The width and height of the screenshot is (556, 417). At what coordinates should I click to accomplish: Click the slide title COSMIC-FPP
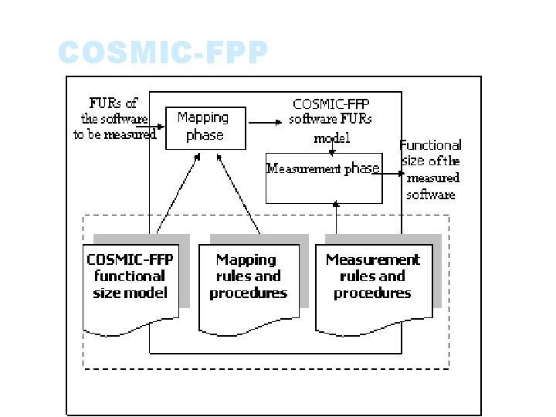pyautogui.click(x=163, y=53)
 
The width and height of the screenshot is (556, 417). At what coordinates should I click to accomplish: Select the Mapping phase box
pyautogui.click(x=205, y=127)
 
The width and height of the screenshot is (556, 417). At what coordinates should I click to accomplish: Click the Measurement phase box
pyautogui.click(x=324, y=178)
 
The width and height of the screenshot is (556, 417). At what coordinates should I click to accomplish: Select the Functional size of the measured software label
pyautogui.click(x=431, y=169)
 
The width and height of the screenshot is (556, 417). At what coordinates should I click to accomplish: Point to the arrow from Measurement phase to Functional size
pyautogui.click(x=390, y=174)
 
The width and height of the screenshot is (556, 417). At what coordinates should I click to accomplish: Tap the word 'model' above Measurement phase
pyautogui.click(x=331, y=138)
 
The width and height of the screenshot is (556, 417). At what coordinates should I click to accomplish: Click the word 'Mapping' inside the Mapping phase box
pyautogui.click(x=203, y=117)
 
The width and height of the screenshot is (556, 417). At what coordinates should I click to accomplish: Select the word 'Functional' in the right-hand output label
pyautogui.click(x=431, y=145)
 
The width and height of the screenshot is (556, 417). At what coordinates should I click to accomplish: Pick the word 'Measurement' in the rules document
pyautogui.click(x=373, y=260)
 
